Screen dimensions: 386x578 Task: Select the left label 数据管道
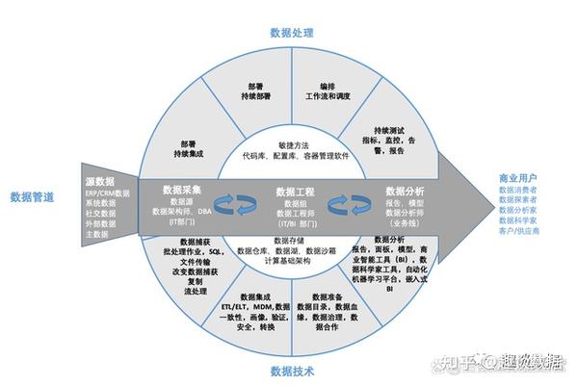(32, 196)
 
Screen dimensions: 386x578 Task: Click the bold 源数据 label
(99, 180)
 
